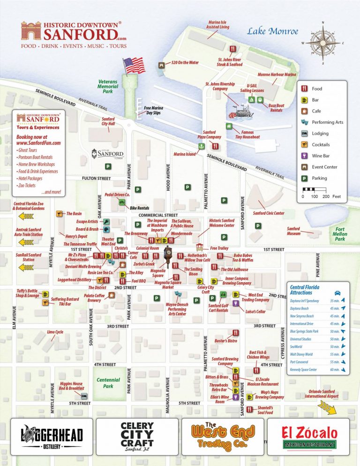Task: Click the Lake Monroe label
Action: tap(273, 32)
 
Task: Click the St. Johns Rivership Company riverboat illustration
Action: tap(240, 113)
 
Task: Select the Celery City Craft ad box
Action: tap(137, 436)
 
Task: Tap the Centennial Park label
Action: tap(108, 383)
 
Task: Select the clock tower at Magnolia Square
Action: tap(168, 257)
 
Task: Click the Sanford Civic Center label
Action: tap(269, 213)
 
